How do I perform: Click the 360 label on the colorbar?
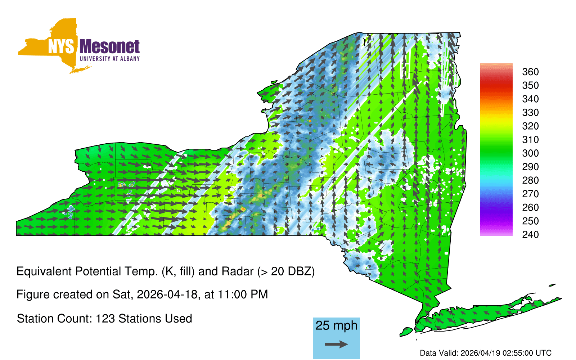pyautogui.click(x=530, y=72)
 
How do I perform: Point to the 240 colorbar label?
pyautogui.click(x=530, y=234)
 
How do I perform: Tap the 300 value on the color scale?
pyautogui.click(x=530, y=153)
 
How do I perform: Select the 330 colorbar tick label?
pyautogui.click(x=530, y=113)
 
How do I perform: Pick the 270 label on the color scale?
pyautogui.click(x=530, y=194)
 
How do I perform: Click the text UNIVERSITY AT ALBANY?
pyautogui.click(x=110, y=59)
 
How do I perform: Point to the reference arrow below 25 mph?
pyautogui.click(x=336, y=344)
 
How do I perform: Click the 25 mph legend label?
pyautogui.click(x=336, y=325)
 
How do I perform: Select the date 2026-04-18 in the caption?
pyautogui.click(x=167, y=294)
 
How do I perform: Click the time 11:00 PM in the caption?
pyautogui.click(x=243, y=294)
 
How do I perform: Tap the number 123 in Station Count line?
pyautogui.click(x=105, y=319)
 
